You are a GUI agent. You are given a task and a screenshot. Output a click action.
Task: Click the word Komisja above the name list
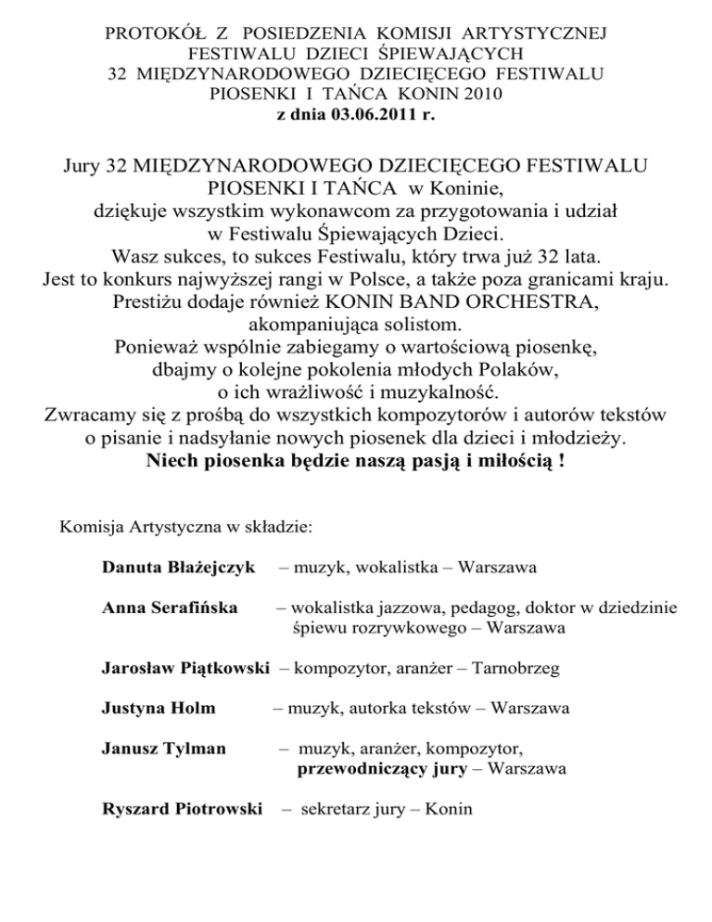tap(92, 528)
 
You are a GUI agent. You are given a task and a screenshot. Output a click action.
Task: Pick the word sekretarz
tap(337, 809)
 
